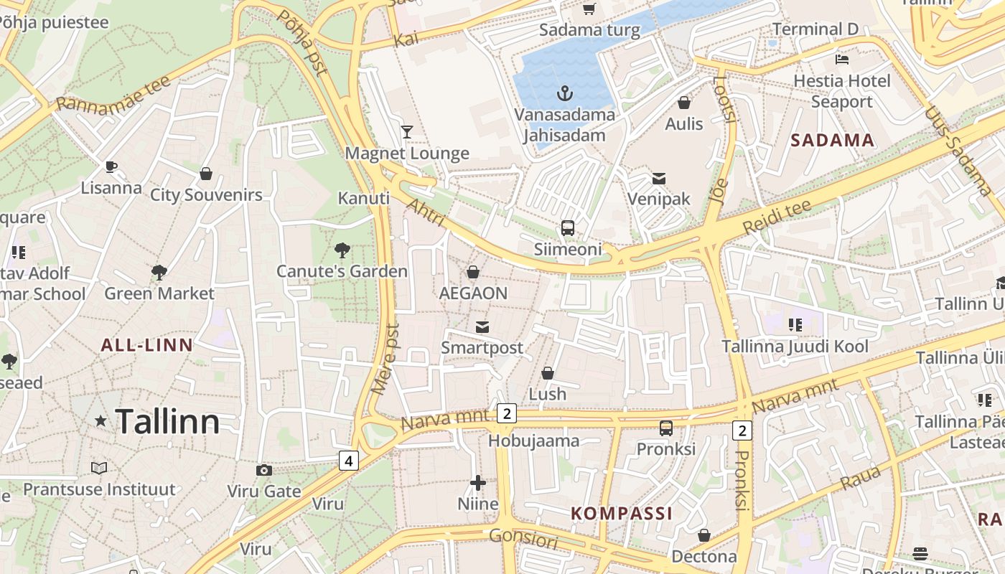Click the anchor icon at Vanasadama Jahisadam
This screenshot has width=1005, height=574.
565,93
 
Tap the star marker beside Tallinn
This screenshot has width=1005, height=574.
100,421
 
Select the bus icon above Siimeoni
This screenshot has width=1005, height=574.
568,228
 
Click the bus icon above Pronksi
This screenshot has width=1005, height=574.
666,428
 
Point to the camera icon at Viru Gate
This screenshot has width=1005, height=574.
264,470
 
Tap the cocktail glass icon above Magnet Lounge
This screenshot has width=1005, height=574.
407,131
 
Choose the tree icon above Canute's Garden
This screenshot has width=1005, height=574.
342,250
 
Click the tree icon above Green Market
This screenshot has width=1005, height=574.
159,272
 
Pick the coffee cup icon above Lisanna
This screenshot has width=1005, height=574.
111,167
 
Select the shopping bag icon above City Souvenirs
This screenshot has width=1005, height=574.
206,174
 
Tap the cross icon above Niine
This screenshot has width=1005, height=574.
478,483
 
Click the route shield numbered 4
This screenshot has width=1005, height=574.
349,460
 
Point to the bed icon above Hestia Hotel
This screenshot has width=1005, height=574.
842,60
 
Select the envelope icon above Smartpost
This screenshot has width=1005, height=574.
482,327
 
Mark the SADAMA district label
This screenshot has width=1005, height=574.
833,140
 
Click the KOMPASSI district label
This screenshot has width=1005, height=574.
622,513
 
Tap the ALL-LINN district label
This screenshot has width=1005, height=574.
147,344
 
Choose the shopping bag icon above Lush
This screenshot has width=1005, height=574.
548,373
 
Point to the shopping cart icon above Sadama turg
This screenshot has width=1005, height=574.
589,9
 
